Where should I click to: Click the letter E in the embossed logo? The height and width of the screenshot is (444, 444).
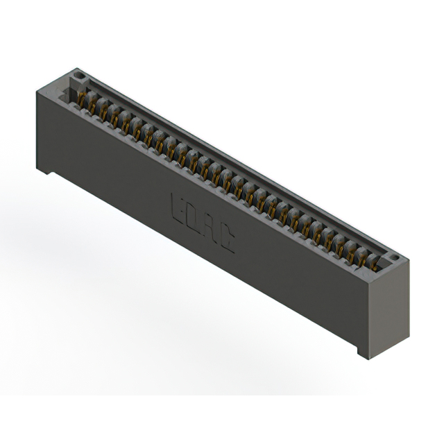[x=177, y=206]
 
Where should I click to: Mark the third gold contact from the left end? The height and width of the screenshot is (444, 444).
[x=113, y=114]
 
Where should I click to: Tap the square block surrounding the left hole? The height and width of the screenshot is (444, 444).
[x=78, y=76]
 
